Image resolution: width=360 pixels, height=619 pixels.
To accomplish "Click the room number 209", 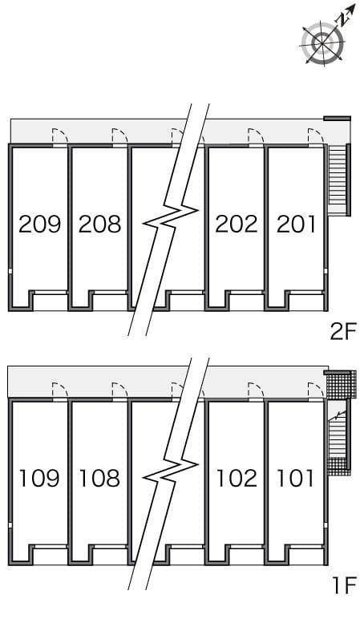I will [39, 224].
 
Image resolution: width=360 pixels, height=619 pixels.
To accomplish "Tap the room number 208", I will [99, 224].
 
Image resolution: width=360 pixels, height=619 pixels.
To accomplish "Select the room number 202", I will [236, 224].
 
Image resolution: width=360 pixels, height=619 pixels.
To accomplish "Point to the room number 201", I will [296, 224].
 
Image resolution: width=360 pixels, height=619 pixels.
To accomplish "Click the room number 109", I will [39, 479].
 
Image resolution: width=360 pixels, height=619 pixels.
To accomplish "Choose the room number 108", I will [99, 479].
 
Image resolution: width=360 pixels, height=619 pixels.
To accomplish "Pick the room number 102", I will [237, 479].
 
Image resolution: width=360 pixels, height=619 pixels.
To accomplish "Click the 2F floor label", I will [342, 332].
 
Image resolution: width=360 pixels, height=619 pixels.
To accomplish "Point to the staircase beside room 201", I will [338, 180].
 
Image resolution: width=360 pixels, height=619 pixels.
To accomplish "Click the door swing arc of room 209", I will [59, 136].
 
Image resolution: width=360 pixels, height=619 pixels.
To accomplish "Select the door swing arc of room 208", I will [119, 136].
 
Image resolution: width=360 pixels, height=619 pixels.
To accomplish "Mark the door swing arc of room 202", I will [256, 136].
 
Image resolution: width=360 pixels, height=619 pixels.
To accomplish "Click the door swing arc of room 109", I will [59, 390].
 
